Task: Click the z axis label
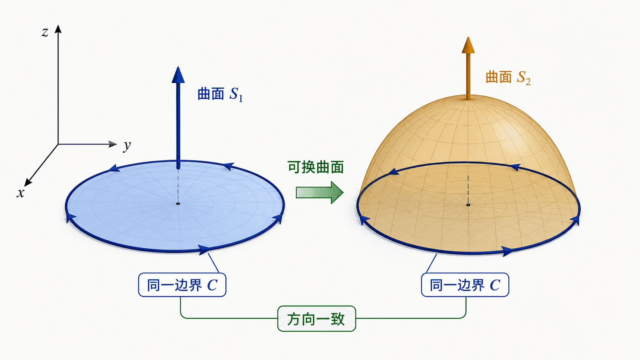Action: (x=44, y=32)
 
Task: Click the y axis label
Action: (x=127, y=146)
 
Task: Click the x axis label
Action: (x=20, y=193)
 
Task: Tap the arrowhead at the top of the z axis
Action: (x=58, y=29)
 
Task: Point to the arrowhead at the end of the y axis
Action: (x=113, y=144)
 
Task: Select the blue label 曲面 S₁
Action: (x=220, y=94)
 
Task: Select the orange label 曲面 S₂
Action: (x=508, y=77)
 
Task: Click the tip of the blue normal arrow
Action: (x=178, y=67)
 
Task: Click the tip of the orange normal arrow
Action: (x=468, y=37)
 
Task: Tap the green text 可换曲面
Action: (x=315, y=167)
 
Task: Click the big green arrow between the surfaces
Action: (x=320, y=192)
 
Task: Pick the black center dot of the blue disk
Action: (x=178, y=204)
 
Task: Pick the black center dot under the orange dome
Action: (x=468, y=205)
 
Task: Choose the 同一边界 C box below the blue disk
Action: (x=182, y=285)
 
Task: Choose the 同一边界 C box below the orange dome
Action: (x=465, y=285)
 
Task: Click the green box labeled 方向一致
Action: (x=317, y=319)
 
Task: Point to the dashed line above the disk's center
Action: (x=178, y=186)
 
